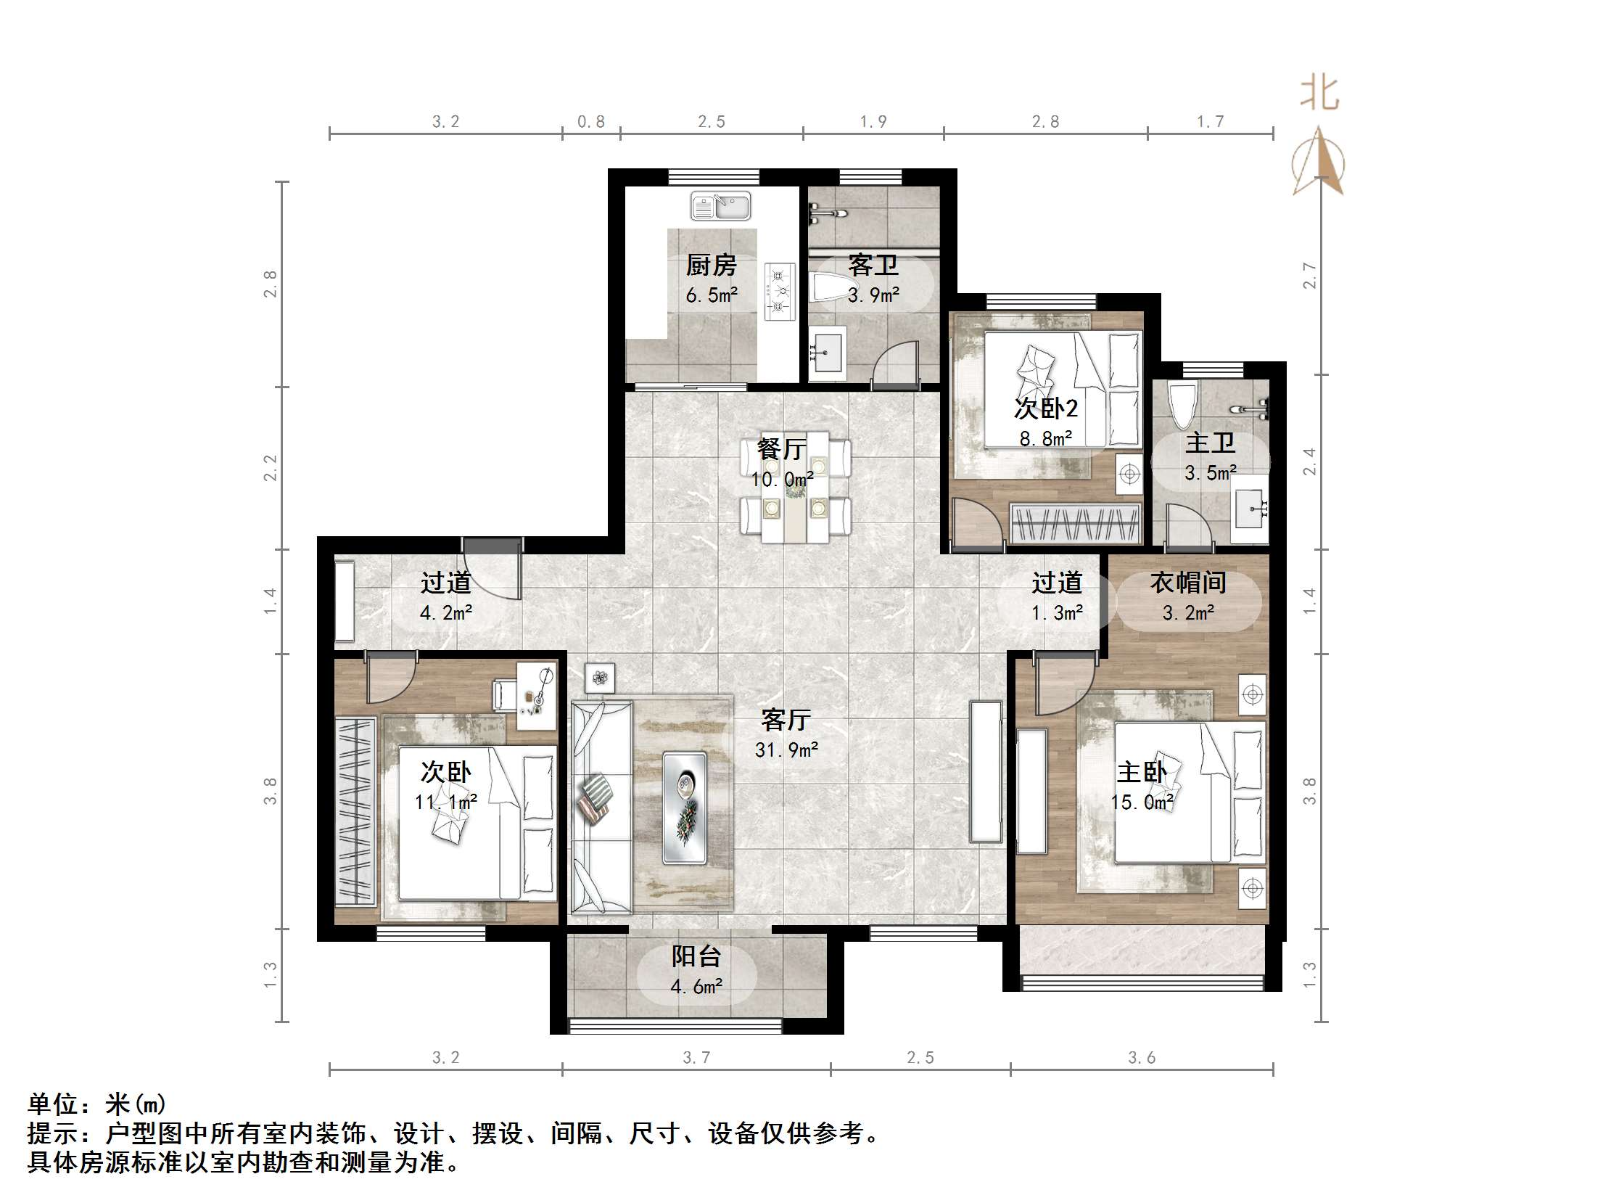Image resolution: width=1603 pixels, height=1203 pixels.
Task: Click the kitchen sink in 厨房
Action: [x=720, y=206]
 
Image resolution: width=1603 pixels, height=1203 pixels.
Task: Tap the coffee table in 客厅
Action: [x=684, y=808]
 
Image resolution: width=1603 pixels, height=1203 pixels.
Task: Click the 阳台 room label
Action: [x=696, y=957]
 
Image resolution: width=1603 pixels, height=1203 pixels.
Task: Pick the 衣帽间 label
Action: [x=1188, y=583]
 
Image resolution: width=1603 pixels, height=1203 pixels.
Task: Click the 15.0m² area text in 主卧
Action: [x=1142, y=802]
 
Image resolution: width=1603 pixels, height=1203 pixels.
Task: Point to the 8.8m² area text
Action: [x=1046, y=438]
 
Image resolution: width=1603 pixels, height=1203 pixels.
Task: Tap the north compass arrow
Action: [x=1319, y=160]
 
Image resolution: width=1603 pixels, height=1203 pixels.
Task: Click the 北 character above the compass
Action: [x=1319, y=94]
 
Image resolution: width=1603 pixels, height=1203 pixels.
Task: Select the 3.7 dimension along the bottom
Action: [x=696, y=1057]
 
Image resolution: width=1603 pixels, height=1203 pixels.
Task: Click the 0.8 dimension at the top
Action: [x=591, y=121]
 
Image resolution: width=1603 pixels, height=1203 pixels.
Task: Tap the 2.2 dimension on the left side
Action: [x=270, y=468]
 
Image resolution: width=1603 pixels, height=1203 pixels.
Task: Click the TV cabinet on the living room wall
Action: [x=986, y=771]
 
